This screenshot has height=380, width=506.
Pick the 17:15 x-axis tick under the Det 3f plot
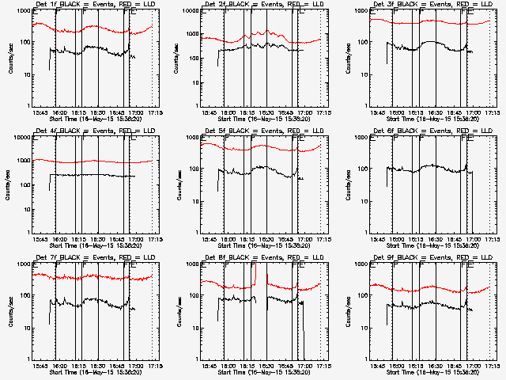pyautogui.click(x=490, y=113)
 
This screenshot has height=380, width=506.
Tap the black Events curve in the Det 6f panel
pyautogui.click(x=427, y=166)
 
